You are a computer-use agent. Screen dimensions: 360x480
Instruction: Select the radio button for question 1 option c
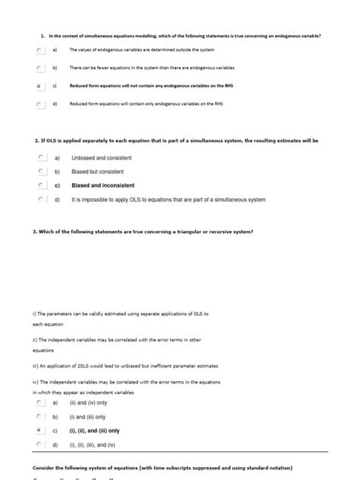pyautogui.click(x=38, y=87)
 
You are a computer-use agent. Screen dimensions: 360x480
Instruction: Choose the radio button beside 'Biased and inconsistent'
pyautogui.click(x=39, y=185)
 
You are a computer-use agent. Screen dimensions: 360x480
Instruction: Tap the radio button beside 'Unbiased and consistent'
pyautogui.click(x=39, y=158)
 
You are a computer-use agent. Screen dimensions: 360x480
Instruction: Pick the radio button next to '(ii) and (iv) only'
pyautogui.click(x=39, y=403)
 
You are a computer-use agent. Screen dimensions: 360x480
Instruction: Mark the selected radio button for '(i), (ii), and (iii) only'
pyautogui.click(x=39, y=431)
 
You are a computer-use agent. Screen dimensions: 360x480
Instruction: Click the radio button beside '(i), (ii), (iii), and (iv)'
pyautogui.click(x=39, y=444)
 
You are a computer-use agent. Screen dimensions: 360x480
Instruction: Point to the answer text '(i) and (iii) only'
pyautogui.click(x=87, y=417)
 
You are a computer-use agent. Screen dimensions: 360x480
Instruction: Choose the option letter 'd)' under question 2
pyautogui.click(x=56, y=200)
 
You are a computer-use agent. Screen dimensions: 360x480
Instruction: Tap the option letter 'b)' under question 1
pyautogui.click(x=55, y=68)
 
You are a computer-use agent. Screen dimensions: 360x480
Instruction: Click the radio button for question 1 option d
pyautogui.click(x=38, y=105)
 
